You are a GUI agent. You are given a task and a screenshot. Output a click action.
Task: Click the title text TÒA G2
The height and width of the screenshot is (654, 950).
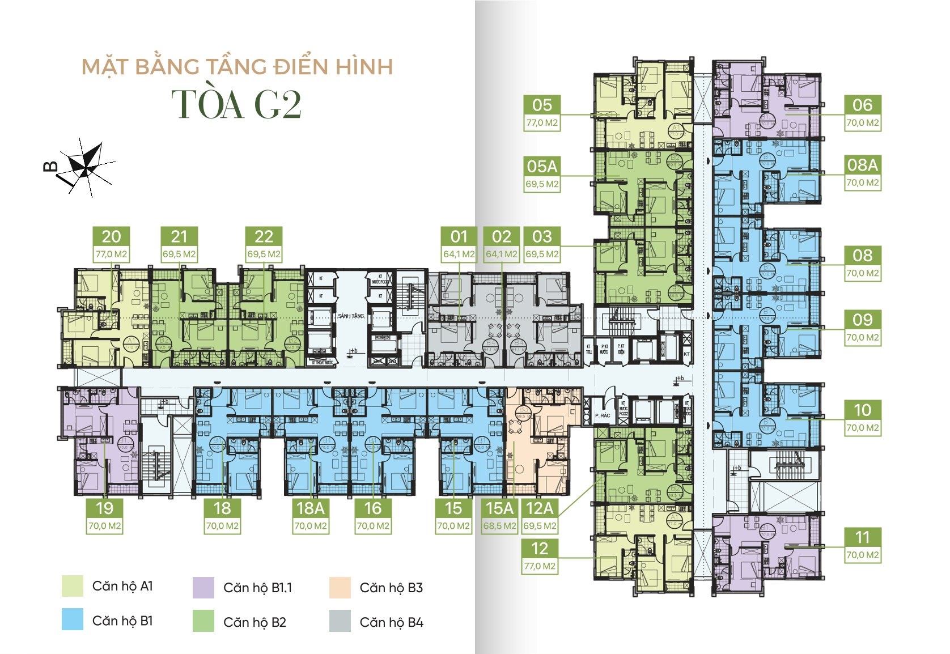pyautogui.click(x=236, y=104)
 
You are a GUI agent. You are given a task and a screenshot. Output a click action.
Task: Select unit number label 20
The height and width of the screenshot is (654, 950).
pyautogui.click(x=111, y=236)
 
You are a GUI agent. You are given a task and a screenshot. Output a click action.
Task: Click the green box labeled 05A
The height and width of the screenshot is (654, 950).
pyautogui.click(x=542, y=167)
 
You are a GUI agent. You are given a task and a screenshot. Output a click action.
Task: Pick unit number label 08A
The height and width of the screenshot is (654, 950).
pyautogui.click(x=862, y=165)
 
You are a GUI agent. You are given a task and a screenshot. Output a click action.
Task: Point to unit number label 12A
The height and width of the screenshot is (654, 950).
pyautogui.click(x=539, y=508)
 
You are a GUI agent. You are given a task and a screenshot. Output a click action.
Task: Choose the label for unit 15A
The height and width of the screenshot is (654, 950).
pyautogui.click(x=499, y=508)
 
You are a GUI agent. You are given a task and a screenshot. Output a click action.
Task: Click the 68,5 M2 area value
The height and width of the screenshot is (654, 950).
pyautogui.click(x=499, y=526)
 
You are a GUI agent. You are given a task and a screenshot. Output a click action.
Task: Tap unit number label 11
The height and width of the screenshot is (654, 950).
pyautogui.click(x=862, y=537)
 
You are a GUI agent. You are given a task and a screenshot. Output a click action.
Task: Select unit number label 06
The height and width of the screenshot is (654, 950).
pyautogui.click(x=862, y=105)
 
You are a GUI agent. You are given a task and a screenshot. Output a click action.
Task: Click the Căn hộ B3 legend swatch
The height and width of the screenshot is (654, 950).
pyautogui.click(x=340, y=588)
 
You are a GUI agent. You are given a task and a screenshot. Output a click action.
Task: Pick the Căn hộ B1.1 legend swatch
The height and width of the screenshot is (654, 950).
pyautogui.click(x=203, y=588)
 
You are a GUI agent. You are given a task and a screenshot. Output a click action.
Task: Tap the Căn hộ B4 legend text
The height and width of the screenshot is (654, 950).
pyautogui.click(x=391, y=622)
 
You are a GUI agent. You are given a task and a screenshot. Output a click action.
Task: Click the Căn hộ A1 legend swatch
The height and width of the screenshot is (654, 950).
pyautogui.click(x=73, y=586)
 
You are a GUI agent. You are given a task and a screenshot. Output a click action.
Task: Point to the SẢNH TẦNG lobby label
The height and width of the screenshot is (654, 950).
pyautogui.click(x=351, y=316)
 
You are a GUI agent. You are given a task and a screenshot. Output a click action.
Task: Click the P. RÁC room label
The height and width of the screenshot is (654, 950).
pyautogui.click(x=603, y=415)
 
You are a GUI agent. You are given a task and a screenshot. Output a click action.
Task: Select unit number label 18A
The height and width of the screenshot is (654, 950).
pyautogui.click(x=311, y=508)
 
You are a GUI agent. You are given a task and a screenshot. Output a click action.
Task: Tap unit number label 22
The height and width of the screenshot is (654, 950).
pyautogui.click(x=264, y=236)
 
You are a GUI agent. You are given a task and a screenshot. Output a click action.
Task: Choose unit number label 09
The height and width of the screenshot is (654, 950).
pyautogui.click(x=862, y=320)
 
